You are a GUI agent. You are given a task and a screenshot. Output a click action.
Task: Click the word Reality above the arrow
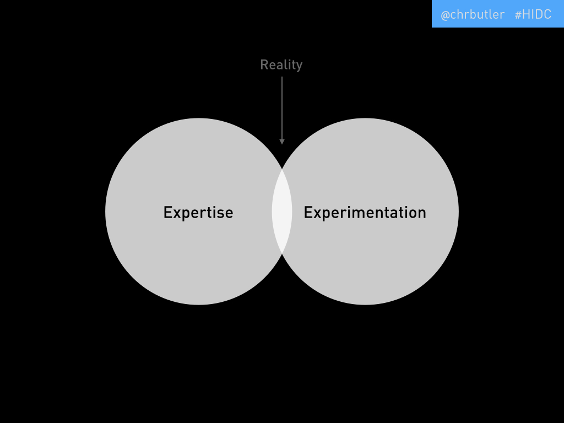[x=281, y=66]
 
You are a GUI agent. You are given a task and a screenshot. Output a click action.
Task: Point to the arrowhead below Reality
[x=282, y=142]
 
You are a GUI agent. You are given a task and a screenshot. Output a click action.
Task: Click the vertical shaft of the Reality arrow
[x=282, y=109]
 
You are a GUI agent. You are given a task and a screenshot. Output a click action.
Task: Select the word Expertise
[x=198, y=213]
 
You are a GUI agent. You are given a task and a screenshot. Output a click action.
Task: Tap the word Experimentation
[x=365, y=213]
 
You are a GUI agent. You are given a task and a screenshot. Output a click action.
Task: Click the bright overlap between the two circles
[x=282, y=211]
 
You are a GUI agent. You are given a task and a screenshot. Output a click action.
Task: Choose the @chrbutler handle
[x=473, y=15]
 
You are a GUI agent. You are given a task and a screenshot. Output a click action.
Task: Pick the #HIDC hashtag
[x=533, y=14]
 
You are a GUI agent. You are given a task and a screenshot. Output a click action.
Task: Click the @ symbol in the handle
[x=445, y=15]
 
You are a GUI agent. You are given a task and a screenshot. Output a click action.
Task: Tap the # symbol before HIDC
[x=518, y=15]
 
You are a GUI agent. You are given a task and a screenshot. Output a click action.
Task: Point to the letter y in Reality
[x=299, y=67]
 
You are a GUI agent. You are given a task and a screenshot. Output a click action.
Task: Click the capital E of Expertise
[x=167, y=212]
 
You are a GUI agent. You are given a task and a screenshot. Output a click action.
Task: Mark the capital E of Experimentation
[x=308, y=212]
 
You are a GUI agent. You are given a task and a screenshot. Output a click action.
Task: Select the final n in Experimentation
[x=422, y=214]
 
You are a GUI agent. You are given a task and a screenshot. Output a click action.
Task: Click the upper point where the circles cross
[x=282, y=169]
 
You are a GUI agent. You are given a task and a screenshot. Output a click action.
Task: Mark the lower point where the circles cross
[x=282, y=254]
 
